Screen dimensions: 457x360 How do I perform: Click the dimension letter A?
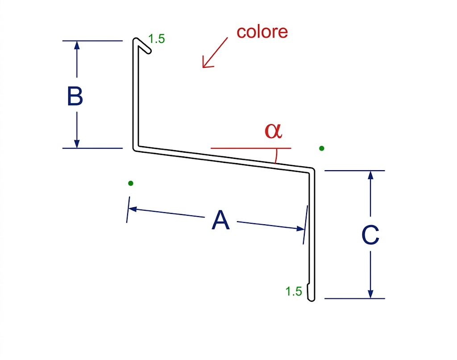(220, 220)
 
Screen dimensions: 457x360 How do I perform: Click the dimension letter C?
(370, 234)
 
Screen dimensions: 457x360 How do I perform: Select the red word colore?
(262, 32)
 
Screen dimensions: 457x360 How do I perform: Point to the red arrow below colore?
(215, 53)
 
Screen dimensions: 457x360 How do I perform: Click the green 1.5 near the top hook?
(157, 39)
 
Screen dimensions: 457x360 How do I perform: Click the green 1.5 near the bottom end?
(294, 292)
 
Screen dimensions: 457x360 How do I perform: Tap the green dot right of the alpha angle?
(321, 148)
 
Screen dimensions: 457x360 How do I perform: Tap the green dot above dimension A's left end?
(131, 183)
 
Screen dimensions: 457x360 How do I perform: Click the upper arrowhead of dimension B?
(77, 45)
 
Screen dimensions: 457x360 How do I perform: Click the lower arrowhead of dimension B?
(77, 144)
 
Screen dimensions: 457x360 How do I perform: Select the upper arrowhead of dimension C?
(370, 175)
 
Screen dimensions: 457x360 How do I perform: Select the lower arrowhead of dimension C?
(370, 294)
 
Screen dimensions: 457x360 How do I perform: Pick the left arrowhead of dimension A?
(133, 209)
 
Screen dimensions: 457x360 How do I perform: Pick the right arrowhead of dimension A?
(300, 228)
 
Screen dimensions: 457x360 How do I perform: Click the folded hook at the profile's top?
(143, 45)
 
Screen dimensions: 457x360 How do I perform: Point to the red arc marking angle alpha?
(276, 155)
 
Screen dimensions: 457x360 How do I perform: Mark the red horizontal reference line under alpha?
(251, 148)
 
